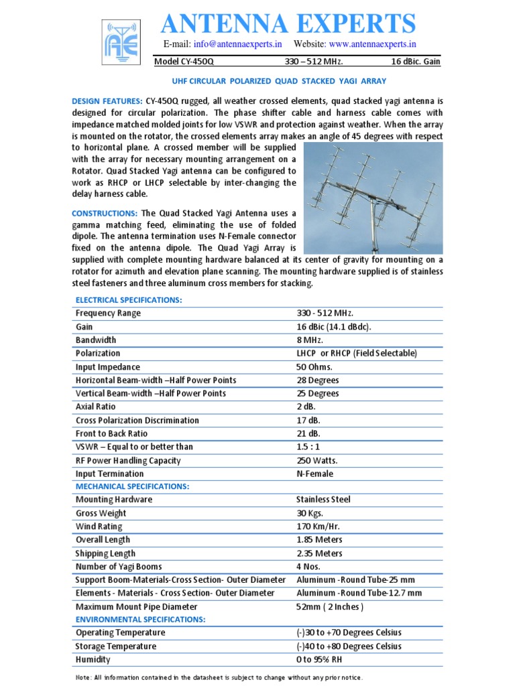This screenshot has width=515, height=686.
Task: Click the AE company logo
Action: pos(120,42)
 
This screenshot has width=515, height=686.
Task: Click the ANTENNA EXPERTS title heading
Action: pos(288,24)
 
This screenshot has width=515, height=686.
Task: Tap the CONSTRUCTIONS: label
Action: pos(105,213)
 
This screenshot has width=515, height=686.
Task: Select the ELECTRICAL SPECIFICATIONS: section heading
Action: pos(129,300)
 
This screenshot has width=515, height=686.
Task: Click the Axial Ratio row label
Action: pos(95,407)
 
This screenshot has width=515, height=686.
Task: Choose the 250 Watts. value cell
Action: pos(317,460)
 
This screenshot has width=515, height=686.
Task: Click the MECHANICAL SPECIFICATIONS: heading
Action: pos(132,486)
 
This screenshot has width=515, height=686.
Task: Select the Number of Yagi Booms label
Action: pos(119,567)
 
